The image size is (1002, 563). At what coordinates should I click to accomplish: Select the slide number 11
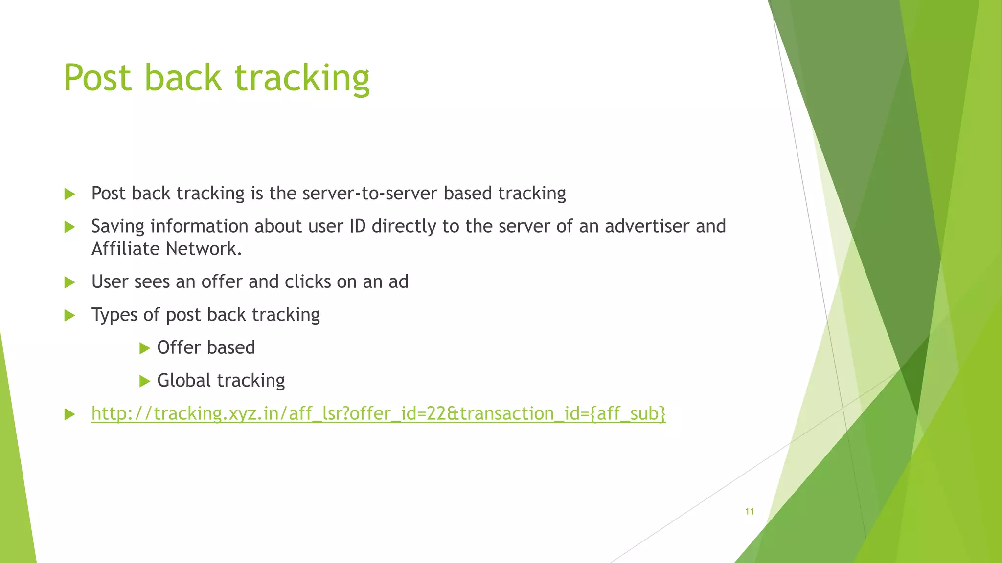[749, 512]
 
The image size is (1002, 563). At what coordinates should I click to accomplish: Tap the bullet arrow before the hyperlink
[69, 415]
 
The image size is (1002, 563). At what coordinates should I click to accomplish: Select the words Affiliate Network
[166, 249]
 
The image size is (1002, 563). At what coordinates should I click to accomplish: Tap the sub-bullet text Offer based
[206, 348]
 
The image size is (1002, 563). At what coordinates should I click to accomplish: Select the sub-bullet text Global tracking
[221, 381]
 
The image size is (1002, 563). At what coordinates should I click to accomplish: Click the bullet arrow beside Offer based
[144, 348]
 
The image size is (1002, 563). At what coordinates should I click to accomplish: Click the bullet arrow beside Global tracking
[144, 381]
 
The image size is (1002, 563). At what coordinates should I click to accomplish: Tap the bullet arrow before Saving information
[69, 227]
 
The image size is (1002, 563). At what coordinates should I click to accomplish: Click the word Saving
[118, 227]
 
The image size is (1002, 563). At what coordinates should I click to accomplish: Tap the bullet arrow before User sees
[69, 282]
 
